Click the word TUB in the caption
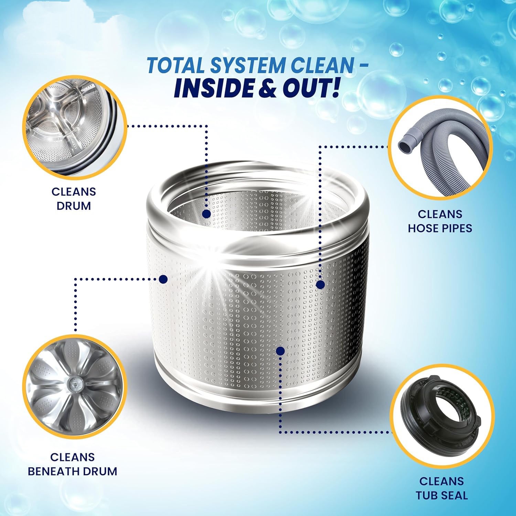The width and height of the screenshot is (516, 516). click(x=426, y=495)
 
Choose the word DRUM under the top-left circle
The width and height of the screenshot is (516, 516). click(x=74, y=206)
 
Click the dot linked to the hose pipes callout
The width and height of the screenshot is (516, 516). click(x=320, y=284)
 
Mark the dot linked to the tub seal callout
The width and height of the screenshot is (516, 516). click(x=280, y=351)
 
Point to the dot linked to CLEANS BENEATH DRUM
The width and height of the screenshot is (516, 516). click(x=163, y=279)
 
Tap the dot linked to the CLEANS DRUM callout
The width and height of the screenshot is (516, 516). click(x=206, y=214)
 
